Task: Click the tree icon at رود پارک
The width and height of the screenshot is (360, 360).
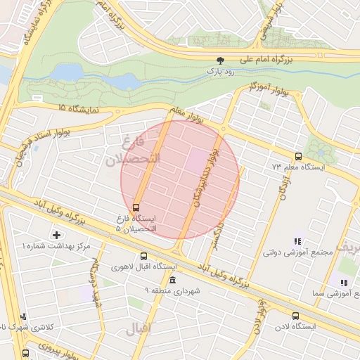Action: pos(221,61)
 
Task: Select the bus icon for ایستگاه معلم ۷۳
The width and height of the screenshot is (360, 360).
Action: pos(299,157)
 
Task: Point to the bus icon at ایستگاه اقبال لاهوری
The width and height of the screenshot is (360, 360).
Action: pos(143,257)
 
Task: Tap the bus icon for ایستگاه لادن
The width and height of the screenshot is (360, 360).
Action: pos(295,316)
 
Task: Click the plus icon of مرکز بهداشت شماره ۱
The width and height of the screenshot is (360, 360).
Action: pos(56,234)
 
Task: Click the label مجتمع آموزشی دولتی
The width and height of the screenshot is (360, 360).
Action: pos(292,250)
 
